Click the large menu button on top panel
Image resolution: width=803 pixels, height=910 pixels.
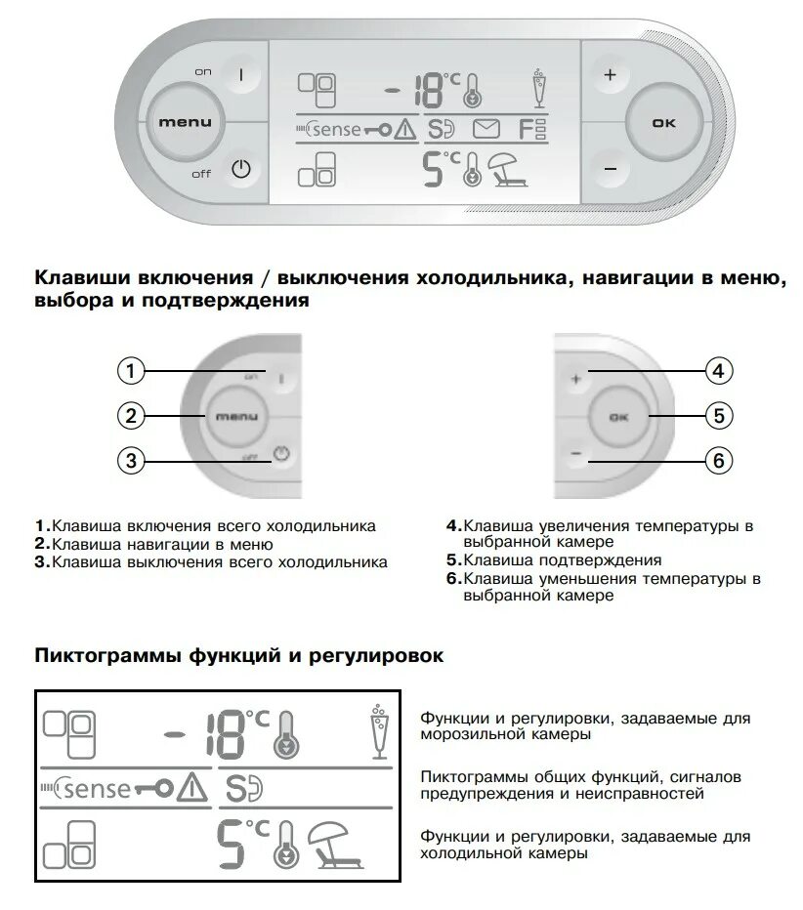click(185, 122)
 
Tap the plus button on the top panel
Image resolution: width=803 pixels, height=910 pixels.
click(611, 75)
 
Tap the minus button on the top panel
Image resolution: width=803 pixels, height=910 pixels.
click(611, 168)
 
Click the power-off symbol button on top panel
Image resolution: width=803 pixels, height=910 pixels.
click(241, 169)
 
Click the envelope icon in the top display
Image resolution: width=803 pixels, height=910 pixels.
click(486, 128)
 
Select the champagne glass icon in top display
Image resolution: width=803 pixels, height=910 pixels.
click(536, 86)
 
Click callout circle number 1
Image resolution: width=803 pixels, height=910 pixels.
click(131, 371)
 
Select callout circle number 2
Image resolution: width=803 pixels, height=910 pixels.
click(131, 416)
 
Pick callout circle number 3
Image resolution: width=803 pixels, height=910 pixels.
click(131, 460)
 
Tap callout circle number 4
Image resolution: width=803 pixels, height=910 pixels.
click(718, 371)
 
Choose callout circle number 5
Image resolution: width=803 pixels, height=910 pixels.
click(718, 416)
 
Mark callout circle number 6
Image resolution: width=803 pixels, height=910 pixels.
click(718, 460)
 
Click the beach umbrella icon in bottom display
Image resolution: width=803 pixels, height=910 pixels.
click(335, 842)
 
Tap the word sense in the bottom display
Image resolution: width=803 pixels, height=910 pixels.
click(98, 787)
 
